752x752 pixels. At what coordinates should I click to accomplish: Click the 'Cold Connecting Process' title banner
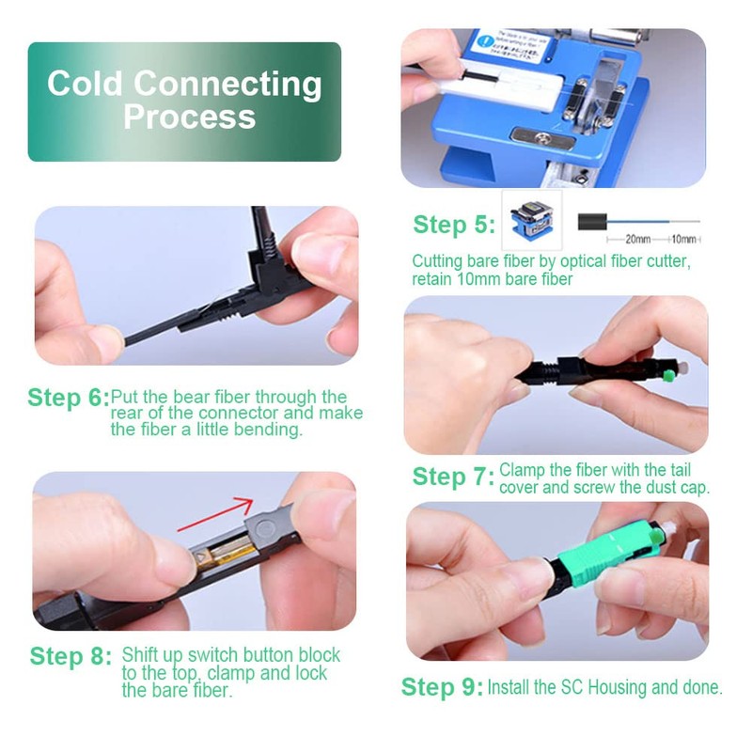coord(184,101)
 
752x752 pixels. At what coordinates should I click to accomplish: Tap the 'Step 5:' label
coord(453,226)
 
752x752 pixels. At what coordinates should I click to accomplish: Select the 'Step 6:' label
coord(69,398)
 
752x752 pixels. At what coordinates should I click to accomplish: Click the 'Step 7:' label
coord(453,478)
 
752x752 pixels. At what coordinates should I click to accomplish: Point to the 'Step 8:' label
coord(70,656)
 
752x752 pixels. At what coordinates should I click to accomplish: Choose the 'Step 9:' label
coord(442,687)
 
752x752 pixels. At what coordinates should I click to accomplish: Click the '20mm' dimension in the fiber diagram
coord(636,240)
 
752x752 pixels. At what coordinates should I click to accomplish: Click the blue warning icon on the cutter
coord(486,42)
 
